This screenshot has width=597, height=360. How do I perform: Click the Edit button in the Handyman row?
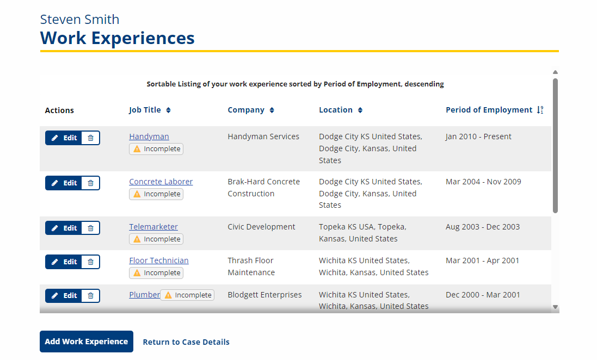(64, 138)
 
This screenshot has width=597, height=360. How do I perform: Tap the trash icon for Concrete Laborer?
(91, 183)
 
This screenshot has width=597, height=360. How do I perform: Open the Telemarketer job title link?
(153, 227)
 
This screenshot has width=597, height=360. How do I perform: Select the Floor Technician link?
(159, 260)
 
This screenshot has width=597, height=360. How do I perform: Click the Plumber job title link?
(145, 295)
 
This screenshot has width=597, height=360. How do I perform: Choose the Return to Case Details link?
(186, 342)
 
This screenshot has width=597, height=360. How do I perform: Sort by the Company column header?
(251, 110)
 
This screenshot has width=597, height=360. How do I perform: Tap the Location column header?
(341, 110)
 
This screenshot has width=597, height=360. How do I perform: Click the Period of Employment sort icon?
(540, 110)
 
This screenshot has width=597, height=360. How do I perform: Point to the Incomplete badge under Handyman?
(156, 149)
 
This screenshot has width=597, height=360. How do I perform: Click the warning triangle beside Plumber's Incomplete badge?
(168, 295)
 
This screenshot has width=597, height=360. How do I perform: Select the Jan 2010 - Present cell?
(478, 136)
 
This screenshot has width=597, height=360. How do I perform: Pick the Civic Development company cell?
(261, 227)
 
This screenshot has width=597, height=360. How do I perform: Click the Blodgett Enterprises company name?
(264, 295)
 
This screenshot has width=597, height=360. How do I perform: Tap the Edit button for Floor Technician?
(64, 262)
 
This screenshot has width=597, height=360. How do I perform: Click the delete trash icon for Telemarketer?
(91, 228)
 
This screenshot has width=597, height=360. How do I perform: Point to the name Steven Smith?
(79, 20)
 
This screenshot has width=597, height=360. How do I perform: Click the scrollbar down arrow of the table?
(556, 307)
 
